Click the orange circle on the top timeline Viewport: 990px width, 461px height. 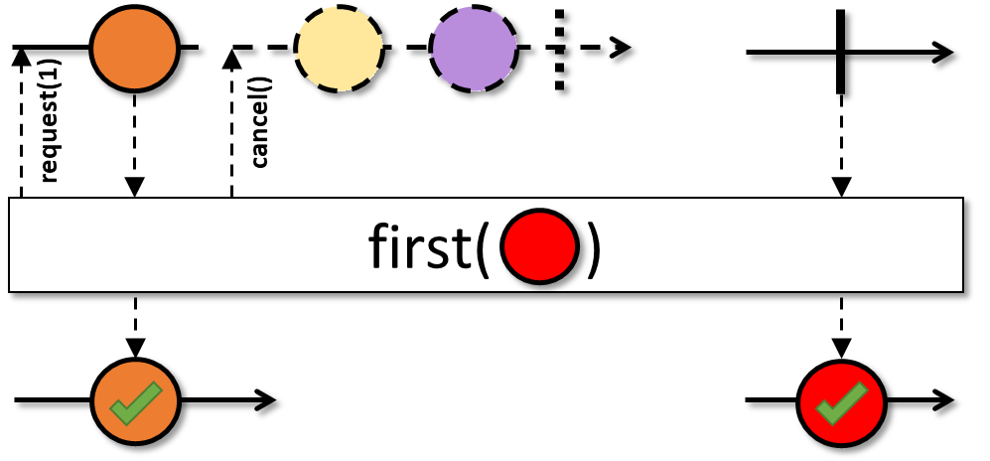tap(134, 48)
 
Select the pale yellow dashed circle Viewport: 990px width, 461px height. tap(339, 48)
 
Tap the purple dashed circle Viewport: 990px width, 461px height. tap(474, 49)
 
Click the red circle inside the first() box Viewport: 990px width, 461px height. tap(540, 245)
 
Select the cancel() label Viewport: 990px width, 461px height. tap(260, 131)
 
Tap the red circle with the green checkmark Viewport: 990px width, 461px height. tap(841, 401)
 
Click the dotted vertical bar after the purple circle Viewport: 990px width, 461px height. tap(561, 50)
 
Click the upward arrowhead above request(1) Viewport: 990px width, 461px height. tap(21, 57)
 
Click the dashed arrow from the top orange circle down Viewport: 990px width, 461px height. tap(135, 144)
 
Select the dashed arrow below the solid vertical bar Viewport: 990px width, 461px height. tap(841, 144)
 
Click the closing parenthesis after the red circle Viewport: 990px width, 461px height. tap(593, 248)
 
